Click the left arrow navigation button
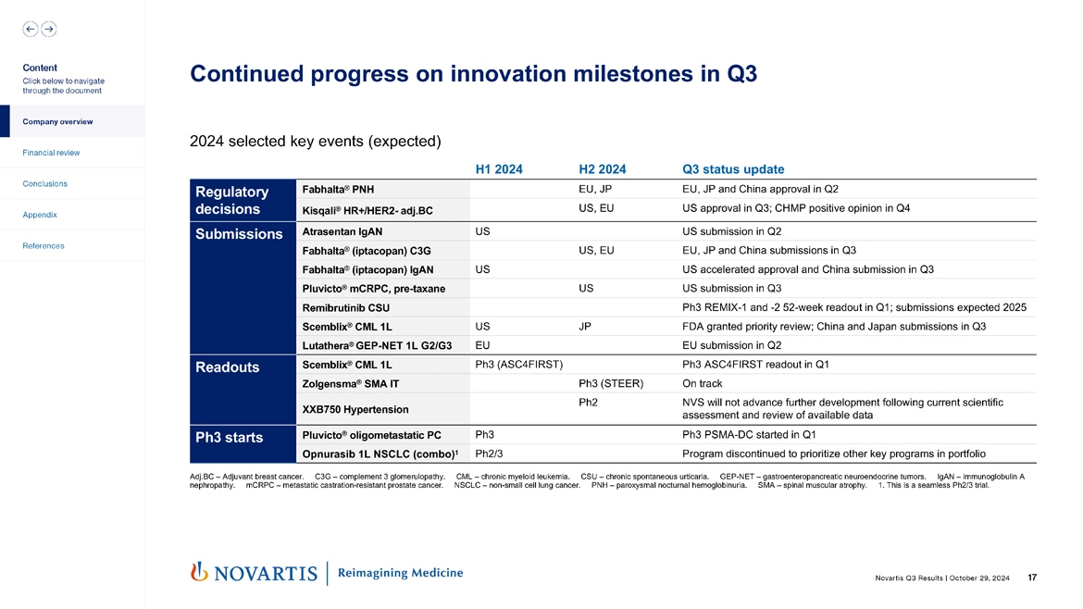coord(31,29)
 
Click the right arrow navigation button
coord(48,29)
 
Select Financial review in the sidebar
coord(52,153)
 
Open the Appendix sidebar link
coord(40,215)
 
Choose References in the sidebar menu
coord(44,246)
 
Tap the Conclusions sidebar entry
coord(44,183)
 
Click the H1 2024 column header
coord(499,169)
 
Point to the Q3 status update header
coord(732,169)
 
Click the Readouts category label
coord(227,367)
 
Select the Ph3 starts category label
coord(230,437)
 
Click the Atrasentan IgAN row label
coord(342,231)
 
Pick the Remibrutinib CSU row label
coord(346,307)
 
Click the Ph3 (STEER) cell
coord(610,383)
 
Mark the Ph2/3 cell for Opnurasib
coord(489,454)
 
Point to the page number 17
coord(1032,578)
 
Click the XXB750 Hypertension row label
coord(355,408)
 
